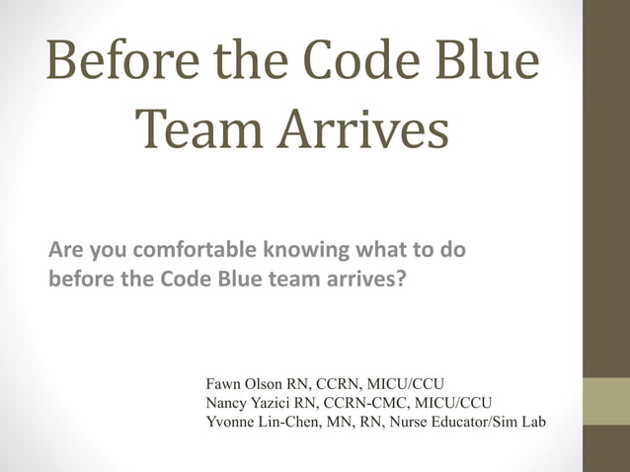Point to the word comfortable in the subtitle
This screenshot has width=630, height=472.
[x=189, y=251]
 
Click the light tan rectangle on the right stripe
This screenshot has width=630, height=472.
[x=606, y=400]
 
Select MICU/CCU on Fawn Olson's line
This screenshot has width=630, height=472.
[x=409, y=383]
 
